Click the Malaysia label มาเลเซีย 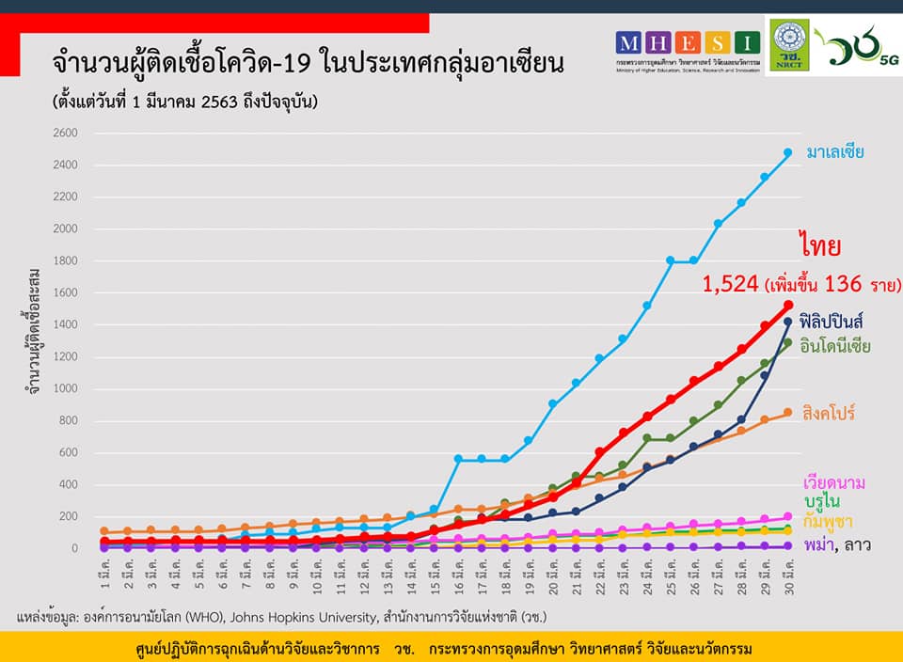pos(834,151)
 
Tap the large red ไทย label pos(820,246)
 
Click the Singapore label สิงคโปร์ pos(829,413)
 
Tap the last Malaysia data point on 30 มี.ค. pos(788,152)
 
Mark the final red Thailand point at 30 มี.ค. pos(788,305)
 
